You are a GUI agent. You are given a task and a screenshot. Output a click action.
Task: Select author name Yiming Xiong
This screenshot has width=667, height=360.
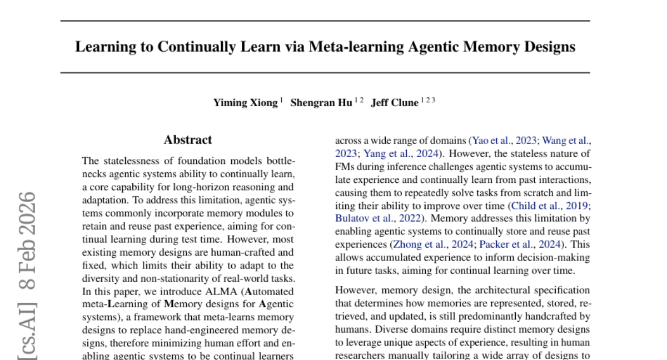245,103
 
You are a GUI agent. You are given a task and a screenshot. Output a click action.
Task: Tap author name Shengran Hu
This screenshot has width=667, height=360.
322,103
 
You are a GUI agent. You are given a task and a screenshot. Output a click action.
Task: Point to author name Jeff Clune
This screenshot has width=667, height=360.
395,103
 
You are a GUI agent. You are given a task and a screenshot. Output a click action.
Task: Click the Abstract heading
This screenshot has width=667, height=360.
188,140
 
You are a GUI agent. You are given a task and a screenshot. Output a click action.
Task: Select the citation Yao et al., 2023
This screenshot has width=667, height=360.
505,141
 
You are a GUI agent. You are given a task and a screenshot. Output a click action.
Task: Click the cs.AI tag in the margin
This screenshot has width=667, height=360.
27,333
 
